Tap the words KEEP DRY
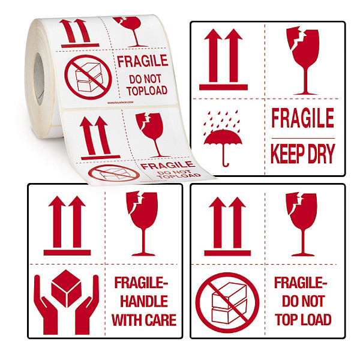point(302,154)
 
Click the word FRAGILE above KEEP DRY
point(302,118)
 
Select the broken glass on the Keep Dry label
point(302,60)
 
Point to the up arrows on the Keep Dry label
point(223,60)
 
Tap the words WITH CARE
point(145,319)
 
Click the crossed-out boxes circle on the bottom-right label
point(227,301)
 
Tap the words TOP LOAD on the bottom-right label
point(302,319)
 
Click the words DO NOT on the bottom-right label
point(302,301)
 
